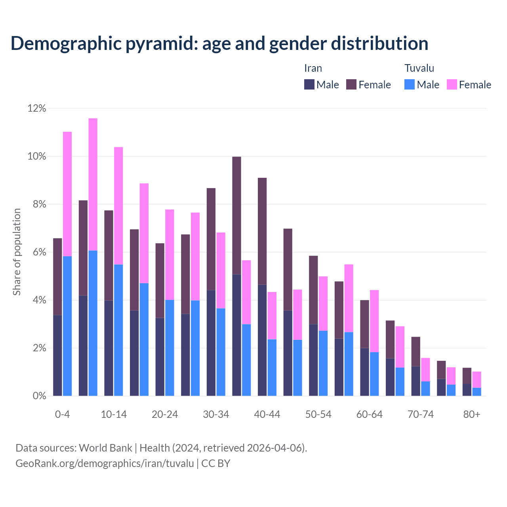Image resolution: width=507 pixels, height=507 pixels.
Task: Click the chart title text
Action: coord(219,44)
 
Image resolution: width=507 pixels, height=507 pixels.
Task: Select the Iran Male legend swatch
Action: coord(309,84)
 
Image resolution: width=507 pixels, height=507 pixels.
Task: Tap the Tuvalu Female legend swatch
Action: coord(452,84)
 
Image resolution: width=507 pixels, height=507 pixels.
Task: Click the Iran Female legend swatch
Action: coord(351,84)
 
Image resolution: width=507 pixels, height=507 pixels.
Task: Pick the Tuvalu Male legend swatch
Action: coord(410,84)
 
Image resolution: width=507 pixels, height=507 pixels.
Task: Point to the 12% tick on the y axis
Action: coord(37,108)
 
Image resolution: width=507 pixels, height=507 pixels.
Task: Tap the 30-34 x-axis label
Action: coord(216,415)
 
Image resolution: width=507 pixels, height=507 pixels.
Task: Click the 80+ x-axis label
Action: coord(472,415)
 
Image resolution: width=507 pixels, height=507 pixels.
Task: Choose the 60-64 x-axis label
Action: coord(370,415)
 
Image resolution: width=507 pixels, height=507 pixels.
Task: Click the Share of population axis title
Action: coord(17,252)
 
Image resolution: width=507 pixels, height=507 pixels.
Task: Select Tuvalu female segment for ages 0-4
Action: coord(67,194)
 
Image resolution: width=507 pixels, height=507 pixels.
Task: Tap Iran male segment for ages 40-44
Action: coord(262,340)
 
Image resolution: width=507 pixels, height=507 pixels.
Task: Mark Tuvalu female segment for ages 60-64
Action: coord(374,321)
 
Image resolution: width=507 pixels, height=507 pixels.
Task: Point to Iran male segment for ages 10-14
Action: coord(109,348)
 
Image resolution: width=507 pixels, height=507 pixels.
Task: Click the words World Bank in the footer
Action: coord(105,448)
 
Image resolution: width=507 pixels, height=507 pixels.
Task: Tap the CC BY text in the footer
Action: coord(216,463)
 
